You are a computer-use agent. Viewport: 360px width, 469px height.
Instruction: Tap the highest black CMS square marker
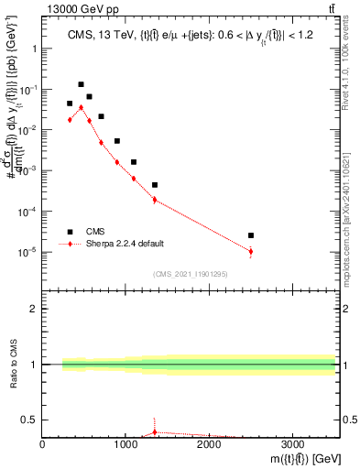[81, 84]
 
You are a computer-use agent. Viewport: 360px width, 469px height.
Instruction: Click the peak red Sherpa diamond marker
[81, 107]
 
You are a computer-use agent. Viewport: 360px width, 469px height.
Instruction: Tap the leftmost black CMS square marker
[70, 104]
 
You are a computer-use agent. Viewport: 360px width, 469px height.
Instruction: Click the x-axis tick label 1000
[125, 444]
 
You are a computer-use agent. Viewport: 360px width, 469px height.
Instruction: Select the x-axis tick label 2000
[209, 444]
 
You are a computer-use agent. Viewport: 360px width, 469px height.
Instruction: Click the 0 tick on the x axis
[43, 444]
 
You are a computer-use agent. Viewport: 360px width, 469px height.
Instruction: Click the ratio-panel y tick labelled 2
[34, 309]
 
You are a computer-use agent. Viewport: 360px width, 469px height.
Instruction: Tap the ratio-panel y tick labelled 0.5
[30, 420]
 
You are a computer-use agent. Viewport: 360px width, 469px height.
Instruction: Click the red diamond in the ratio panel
[155, 431]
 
